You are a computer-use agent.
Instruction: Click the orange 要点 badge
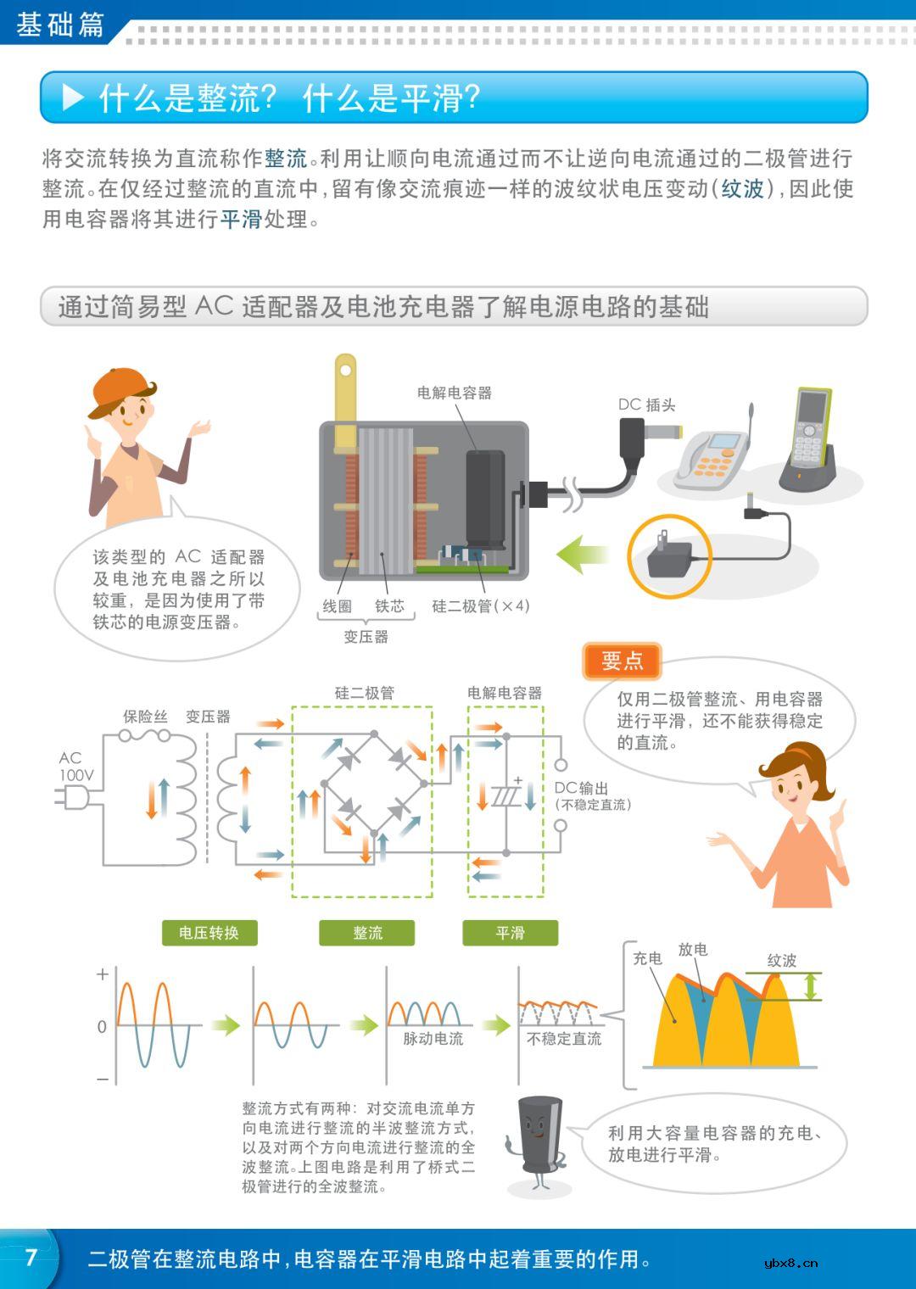[x=622, y=661]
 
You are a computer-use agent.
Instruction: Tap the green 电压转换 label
[x=209, y=933]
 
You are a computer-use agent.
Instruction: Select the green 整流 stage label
[x=367, y=933]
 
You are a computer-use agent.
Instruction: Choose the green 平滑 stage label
[x=510, y=933]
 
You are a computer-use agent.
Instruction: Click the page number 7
[x=31, y=1257]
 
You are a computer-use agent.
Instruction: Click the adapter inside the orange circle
[x=669, y=556]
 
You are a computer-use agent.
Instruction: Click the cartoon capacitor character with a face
[x=536, y=1141]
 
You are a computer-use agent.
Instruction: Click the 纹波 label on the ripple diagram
[x=781, y=960]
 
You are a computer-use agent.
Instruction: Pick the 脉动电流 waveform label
[x=433, y=1039]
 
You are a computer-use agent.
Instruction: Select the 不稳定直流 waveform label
[x=564, y=1039]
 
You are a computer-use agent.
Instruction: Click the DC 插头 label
[x=646, y=405]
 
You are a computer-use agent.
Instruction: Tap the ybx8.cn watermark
[x=790, y=1263]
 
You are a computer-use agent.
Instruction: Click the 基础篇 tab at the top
[x=59, y=25]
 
